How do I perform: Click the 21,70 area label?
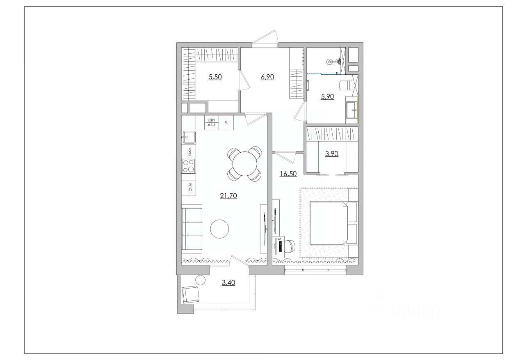tap(228, 195)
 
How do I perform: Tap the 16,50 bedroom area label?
tap(288, 174)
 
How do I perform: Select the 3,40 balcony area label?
tap(228, 283)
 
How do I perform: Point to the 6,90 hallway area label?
tap(267, 77)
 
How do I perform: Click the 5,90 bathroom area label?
tap(327, 96)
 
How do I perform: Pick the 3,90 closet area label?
tap(332, 154)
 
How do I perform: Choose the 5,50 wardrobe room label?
tap(215, 77)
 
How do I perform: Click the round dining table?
tap(245, 164)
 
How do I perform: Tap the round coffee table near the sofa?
tap(219, 229)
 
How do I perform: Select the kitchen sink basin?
tap(189, 137)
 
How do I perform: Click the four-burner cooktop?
tap(189, 166)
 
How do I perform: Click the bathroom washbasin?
tap(352, 110)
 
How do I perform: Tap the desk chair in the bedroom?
tap(290, 247)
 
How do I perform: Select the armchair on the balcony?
tap(191, 294)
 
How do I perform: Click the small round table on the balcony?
tap(201, 280)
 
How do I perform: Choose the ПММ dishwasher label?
tap(190, 152)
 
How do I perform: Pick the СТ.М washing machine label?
tap(190, 187)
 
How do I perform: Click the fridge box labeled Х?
tap(226, 122)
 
